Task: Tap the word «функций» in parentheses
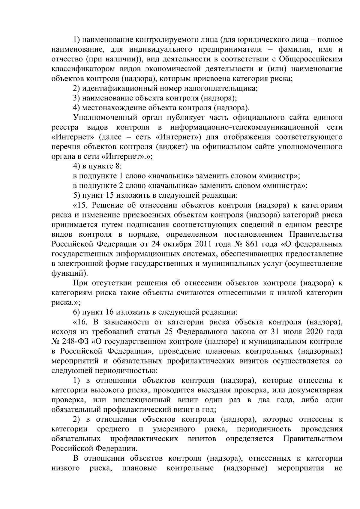click(x=69, y=273)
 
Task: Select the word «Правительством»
click(x=313, y=439)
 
